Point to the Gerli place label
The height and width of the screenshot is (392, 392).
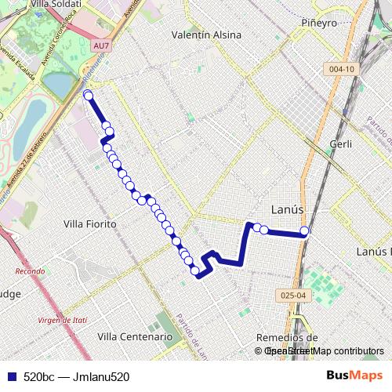pyautogui.click(x=341, y=144)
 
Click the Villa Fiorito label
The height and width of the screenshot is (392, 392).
pyautogui.click(x=89, y=224)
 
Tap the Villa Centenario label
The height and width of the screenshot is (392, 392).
pyautogui.click(x=135, y=336)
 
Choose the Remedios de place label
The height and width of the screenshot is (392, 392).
pyautogui.click(x=287, y=337)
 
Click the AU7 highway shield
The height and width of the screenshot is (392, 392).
pyautogui.click(x=100, y=46)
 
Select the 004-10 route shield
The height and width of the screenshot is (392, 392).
pyautogui.click(x=342, y=69)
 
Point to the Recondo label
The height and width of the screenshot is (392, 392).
pyautogui.click(x=31, y=271)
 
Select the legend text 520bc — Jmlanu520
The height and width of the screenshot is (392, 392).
pyautogui.click(x=76, y=376)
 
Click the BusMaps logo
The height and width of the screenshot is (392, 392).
pyautogui.click(x=354, y=375)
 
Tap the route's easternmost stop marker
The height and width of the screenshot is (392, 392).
pyautogui.click(x=305, y=231)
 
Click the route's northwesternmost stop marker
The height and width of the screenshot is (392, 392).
pyautogui.click(x=88, y=96)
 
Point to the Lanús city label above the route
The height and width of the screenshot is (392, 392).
pyautogui.click(x=287, y=209)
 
